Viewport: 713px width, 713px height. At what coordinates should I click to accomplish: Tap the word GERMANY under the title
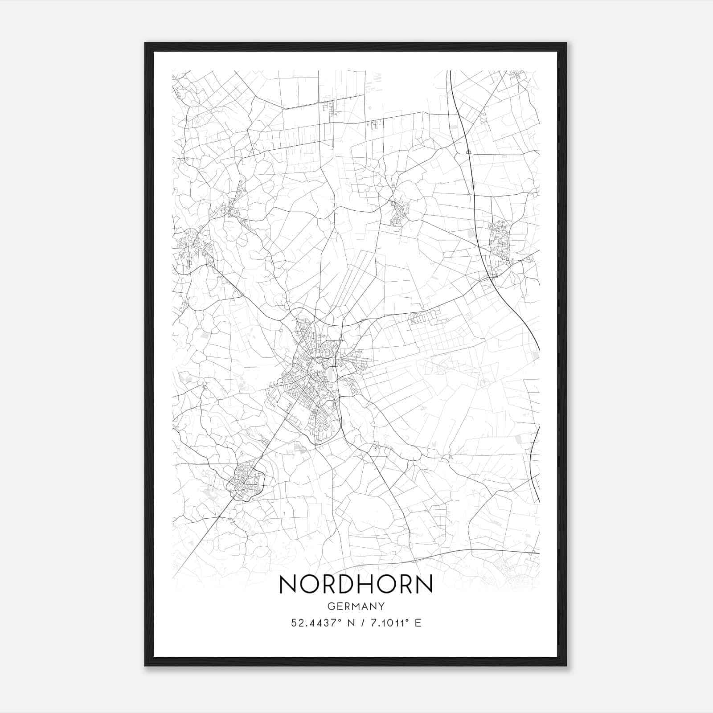(356, 606)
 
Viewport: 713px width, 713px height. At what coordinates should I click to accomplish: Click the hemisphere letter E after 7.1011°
(418, 623)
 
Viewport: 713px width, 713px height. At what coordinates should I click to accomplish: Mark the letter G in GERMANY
(330, 606)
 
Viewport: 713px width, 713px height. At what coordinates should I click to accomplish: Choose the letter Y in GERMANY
(381, 606)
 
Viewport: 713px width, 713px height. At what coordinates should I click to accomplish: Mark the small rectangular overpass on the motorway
(468, 152)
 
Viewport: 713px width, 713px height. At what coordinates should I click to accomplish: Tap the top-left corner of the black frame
(145, 44)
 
